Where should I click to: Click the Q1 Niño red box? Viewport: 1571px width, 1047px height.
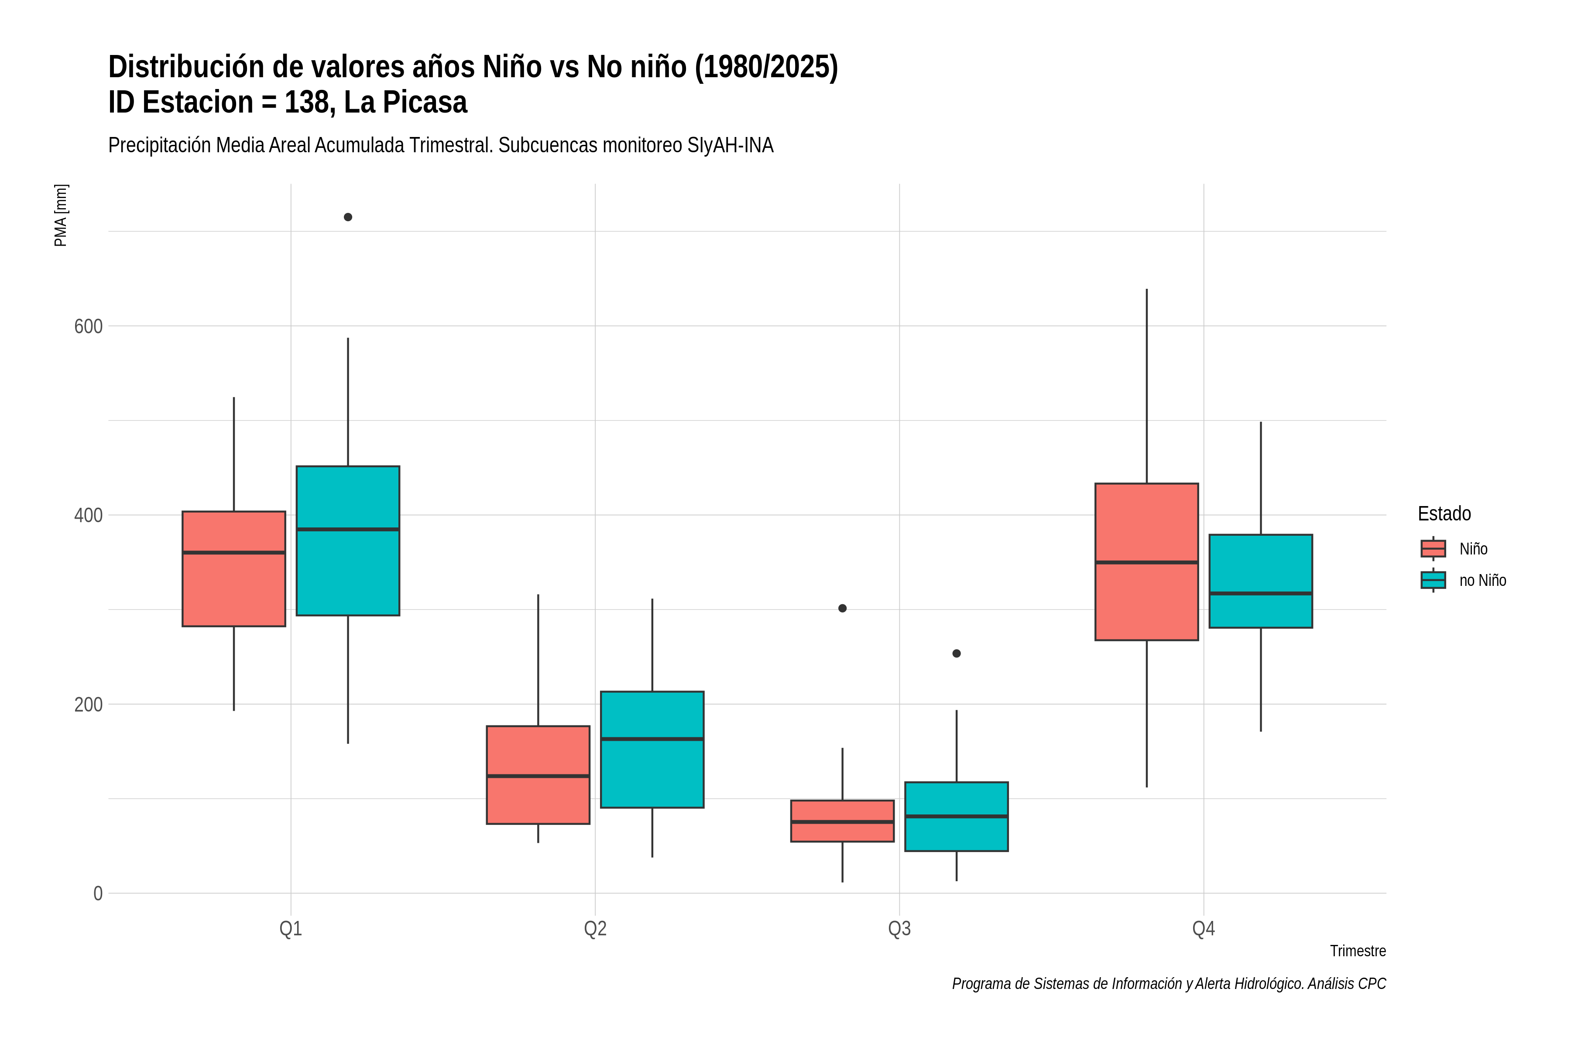tap(234, 569)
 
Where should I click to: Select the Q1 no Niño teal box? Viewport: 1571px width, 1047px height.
tap(348, 541)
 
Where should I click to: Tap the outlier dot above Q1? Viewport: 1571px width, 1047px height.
tap(348, 217)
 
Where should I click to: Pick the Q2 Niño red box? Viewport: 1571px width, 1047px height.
tap(539, 775)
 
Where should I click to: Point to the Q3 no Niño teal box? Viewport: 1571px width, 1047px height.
tap(957, 817)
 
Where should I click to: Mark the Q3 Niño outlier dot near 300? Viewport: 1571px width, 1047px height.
tap(842, 608)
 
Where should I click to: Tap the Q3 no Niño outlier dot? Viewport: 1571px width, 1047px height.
tap(957, 654)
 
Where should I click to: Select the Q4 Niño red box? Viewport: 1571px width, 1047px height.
tap(1147, 561)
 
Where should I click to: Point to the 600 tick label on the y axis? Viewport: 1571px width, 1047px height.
tap(88, 326)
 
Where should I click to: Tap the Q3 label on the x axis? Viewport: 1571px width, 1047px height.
tap(900, 929)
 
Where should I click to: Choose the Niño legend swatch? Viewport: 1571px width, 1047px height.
tap(1434, 549)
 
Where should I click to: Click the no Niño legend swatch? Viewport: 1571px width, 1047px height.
tap(1434, 580)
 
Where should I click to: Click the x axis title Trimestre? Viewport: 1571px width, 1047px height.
tap(1358, 951)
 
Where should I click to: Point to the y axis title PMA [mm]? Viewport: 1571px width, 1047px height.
tap(61, 216)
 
